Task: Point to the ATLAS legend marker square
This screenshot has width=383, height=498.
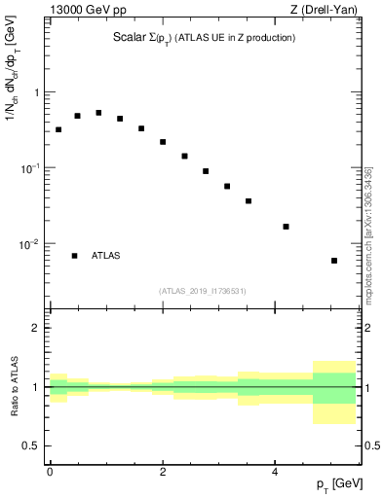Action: point(75,256)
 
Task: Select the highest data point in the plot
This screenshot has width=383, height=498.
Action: point(98,113)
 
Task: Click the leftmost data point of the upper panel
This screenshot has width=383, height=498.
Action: point(58,129)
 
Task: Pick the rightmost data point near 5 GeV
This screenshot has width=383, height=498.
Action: point(334,261)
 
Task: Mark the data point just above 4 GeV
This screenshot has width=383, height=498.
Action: point(286,227)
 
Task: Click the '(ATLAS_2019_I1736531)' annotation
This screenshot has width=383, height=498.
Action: point(203,291)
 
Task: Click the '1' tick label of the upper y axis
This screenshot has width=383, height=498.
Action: point(37,93)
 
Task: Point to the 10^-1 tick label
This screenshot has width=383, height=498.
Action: point(31,168)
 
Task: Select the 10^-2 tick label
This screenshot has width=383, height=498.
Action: point(31,244)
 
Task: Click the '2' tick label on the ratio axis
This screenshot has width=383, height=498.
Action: point(37,328)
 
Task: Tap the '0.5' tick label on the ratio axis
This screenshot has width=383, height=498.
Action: point(32,445)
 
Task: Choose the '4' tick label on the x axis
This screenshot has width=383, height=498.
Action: point(275,472)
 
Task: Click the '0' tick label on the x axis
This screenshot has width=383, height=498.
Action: point(50,472)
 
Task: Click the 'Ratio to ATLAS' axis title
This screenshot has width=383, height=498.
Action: point(14,387)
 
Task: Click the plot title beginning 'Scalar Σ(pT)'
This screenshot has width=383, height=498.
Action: point(204,38)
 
